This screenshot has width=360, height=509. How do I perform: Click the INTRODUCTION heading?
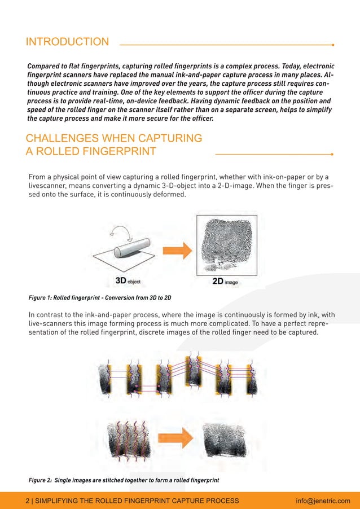click(68, 42)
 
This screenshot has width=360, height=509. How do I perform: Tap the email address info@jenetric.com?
click(323, 500)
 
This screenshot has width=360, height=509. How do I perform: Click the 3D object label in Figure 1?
click(128, 280)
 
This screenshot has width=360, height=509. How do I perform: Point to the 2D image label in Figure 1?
click(223, 280)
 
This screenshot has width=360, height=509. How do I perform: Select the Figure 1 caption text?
click(100, 297)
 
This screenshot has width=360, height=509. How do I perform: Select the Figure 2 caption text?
click(124, 480)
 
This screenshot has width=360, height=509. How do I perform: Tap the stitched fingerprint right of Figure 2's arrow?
click(223, 438)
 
